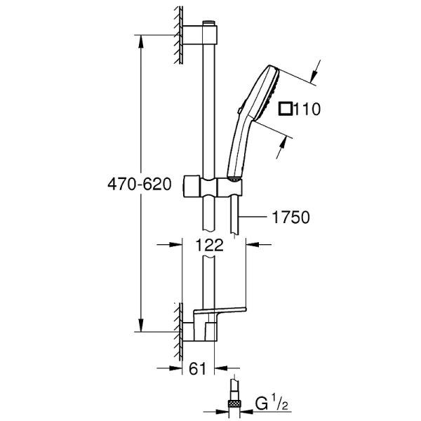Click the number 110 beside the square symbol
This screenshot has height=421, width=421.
(x=307, y=109)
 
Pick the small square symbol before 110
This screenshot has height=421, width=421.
(x=286, y=109)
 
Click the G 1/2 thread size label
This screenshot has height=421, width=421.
(x=270, y=403)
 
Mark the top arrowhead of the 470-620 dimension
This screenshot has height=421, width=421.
(x=143, y=39)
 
